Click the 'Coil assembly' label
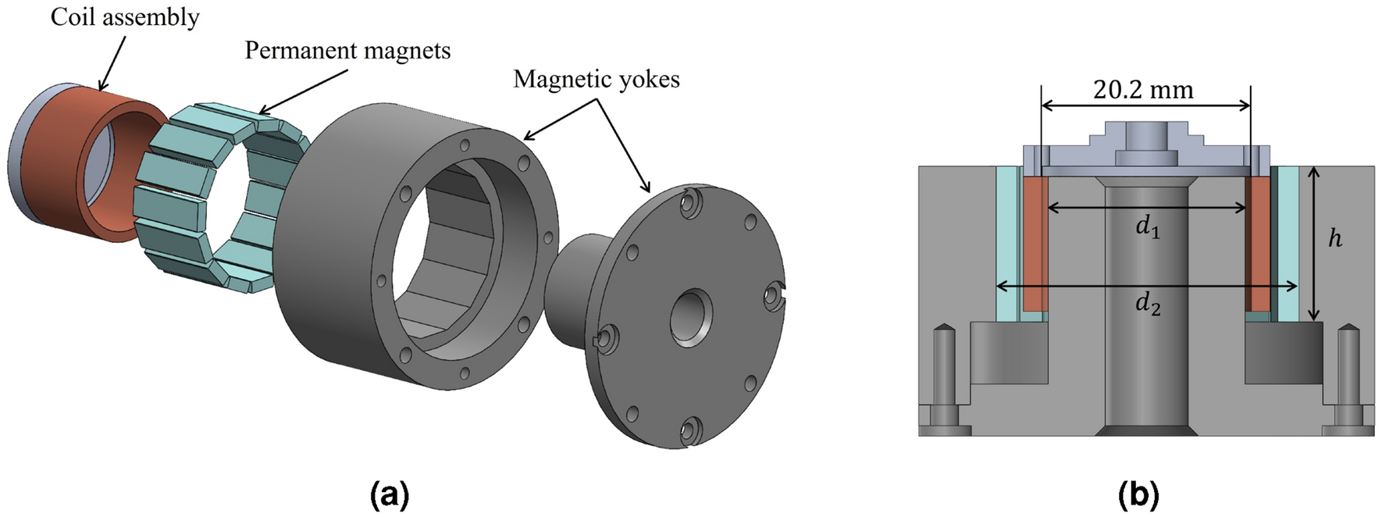[x=125, y=17]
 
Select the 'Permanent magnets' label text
[x=347, y=51]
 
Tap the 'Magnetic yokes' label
[x=596, y=79]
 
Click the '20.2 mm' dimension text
[x=1143, y=91]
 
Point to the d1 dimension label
[x=1147, y=227]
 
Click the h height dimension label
[x=1335, y=238]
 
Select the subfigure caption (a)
[x=390, y=494]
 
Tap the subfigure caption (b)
[x=1138, y=494]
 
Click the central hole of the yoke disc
[x=690, y=317]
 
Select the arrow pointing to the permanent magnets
[x=305, y=91]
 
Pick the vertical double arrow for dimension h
[x=1314, y=244]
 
